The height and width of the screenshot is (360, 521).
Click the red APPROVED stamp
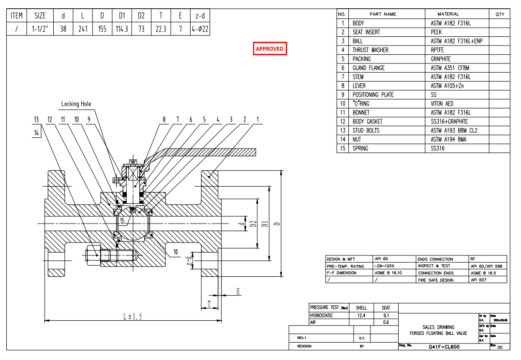coord(270,49)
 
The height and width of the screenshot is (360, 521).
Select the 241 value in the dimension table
coord(83,29)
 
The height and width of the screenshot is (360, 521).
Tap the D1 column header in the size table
coord(122,15)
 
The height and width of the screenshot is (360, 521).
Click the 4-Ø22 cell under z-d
coord(200,29)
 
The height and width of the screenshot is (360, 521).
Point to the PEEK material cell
coord(436,32)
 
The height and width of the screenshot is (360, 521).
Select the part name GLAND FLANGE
coord(369,68)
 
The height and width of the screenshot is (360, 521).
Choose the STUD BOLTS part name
coord(366,131)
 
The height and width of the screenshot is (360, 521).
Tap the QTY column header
coord(500,14)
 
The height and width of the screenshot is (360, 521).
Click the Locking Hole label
coord(76,104)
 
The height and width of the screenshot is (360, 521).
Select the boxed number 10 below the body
coord(175,252)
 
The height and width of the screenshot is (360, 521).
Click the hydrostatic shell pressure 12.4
coord(361,315)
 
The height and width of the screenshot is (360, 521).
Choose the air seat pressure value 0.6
coord(386,322)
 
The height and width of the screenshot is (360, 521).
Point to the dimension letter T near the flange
coord(208,303)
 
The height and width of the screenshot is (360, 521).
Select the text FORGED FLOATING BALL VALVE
coord(438,333)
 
